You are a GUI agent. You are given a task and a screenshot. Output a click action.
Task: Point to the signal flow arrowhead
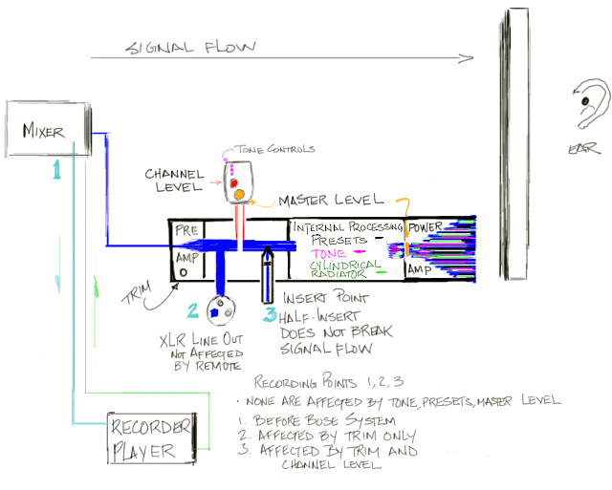(468, 59)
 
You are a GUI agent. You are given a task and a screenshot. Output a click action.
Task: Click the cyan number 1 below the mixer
(57, 170)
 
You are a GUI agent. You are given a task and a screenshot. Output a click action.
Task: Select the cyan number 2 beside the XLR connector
(192, 309)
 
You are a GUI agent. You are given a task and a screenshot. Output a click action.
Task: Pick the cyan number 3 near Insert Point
(271, 314)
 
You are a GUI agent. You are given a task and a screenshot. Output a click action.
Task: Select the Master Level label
(331, 201)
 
